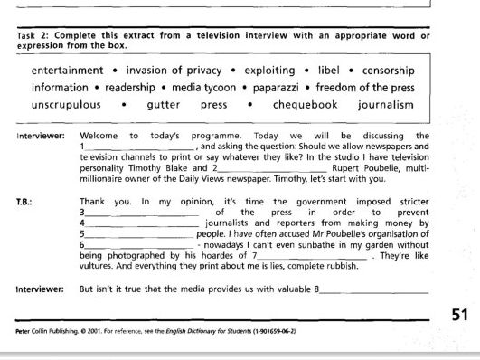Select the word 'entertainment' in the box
click(68, 71)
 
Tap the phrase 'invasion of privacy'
click(174, 71)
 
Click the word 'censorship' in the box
click(389, 71)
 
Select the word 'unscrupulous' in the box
click(66, 105)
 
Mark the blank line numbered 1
click(138, 147)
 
